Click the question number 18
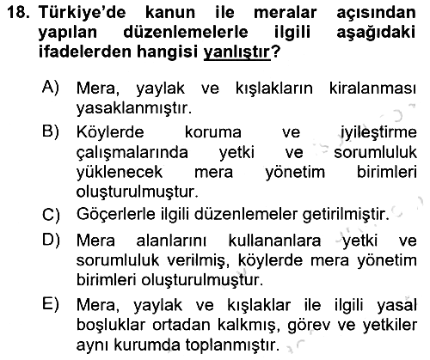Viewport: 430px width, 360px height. (x=18, y=13)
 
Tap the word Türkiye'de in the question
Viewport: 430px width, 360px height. (x=83, y=13)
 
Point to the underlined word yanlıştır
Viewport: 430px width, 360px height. (x=236, y=52)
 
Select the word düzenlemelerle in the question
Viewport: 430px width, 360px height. (x=186, y=32)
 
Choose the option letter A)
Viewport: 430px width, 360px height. (x=51, y=87)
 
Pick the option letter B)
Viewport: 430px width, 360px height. (x=51, y=131)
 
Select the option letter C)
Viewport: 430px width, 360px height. (x=51, y=215)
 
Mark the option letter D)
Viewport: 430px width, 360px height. (x=51, y=240)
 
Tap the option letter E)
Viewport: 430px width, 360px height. (x=51, y=304)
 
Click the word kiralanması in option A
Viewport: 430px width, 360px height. (x=372, y=88)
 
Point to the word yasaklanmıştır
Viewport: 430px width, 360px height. (x=134, y=108)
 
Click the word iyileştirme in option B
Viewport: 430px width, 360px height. (x=378, y=133)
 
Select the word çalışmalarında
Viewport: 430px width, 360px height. (x=132, y=153)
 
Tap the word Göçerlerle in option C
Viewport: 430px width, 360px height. (x=116, y=215)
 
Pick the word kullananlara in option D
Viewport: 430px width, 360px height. (x=274, y=241)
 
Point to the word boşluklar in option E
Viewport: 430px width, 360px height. (x=112, y=326)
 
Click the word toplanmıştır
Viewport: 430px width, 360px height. (x=232, y=345)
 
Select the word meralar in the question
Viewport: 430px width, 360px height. (x=286, y=13)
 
